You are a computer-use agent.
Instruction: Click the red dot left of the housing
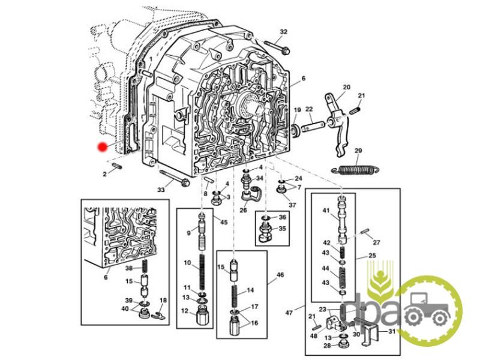(x=103, y=146)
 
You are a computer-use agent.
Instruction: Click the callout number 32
(x=284, y=31)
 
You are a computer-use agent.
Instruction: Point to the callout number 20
(x=346, y=87)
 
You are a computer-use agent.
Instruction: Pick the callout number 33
(x=161, y=190)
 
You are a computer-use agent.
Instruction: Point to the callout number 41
(x=327, y=211)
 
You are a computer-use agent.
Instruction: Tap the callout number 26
(x=243, y=210)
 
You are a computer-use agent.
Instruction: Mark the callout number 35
(x=282, y=229)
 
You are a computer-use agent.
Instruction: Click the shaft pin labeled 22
(x=313, y=127)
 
